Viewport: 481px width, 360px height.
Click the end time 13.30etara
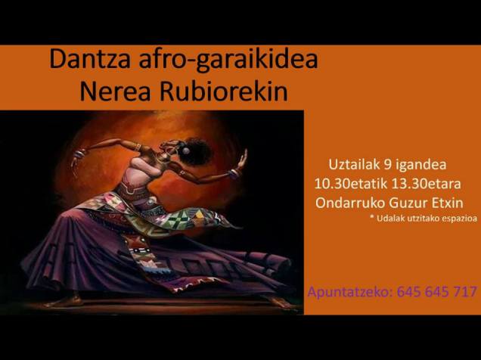tap(438, 184)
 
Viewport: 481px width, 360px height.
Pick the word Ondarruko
tap(346, 202)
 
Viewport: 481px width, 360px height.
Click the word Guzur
tap(409, 202)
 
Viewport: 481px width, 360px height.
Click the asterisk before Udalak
tap(371, 219)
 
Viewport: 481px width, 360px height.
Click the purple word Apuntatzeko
tap(349, 291)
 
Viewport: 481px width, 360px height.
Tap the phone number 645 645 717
tap(436, 291)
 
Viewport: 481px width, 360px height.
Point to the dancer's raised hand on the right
tap(242, 159)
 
